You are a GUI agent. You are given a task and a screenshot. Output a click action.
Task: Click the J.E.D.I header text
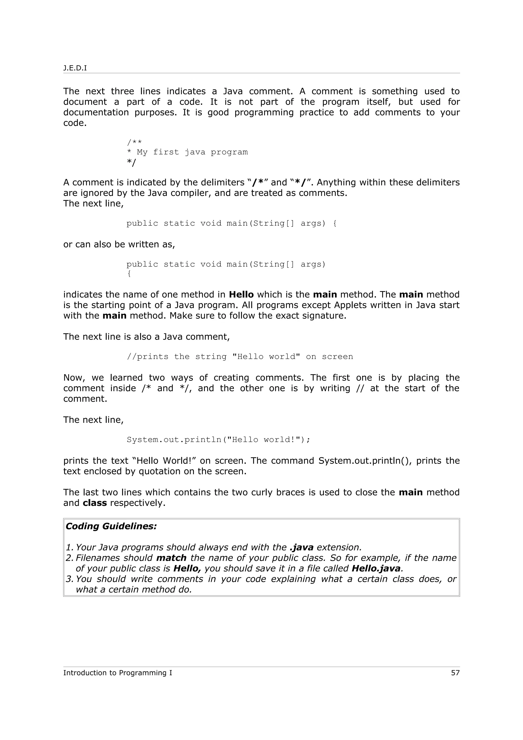pos(75,68)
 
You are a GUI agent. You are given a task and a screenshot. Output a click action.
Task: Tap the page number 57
pos(455,673)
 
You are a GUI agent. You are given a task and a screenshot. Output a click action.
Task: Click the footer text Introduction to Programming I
pos(118,673)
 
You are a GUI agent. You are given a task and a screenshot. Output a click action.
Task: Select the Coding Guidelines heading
pos(111,526)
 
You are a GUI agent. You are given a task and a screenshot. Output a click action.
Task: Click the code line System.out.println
pos(218,440)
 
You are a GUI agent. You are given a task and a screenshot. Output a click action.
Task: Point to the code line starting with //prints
pos(240,356)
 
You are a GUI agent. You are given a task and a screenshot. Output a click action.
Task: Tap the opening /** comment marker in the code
pos(134,142)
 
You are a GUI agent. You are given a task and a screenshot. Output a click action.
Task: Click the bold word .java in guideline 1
pos(302,547)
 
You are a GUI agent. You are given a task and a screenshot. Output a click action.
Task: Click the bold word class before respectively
pos(95,503)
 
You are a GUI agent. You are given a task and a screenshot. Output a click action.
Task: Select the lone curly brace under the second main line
pos(129,274)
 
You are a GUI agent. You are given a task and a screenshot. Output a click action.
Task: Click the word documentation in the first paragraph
pos(96,113)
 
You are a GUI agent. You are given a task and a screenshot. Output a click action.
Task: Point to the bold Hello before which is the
pos(241,295)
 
